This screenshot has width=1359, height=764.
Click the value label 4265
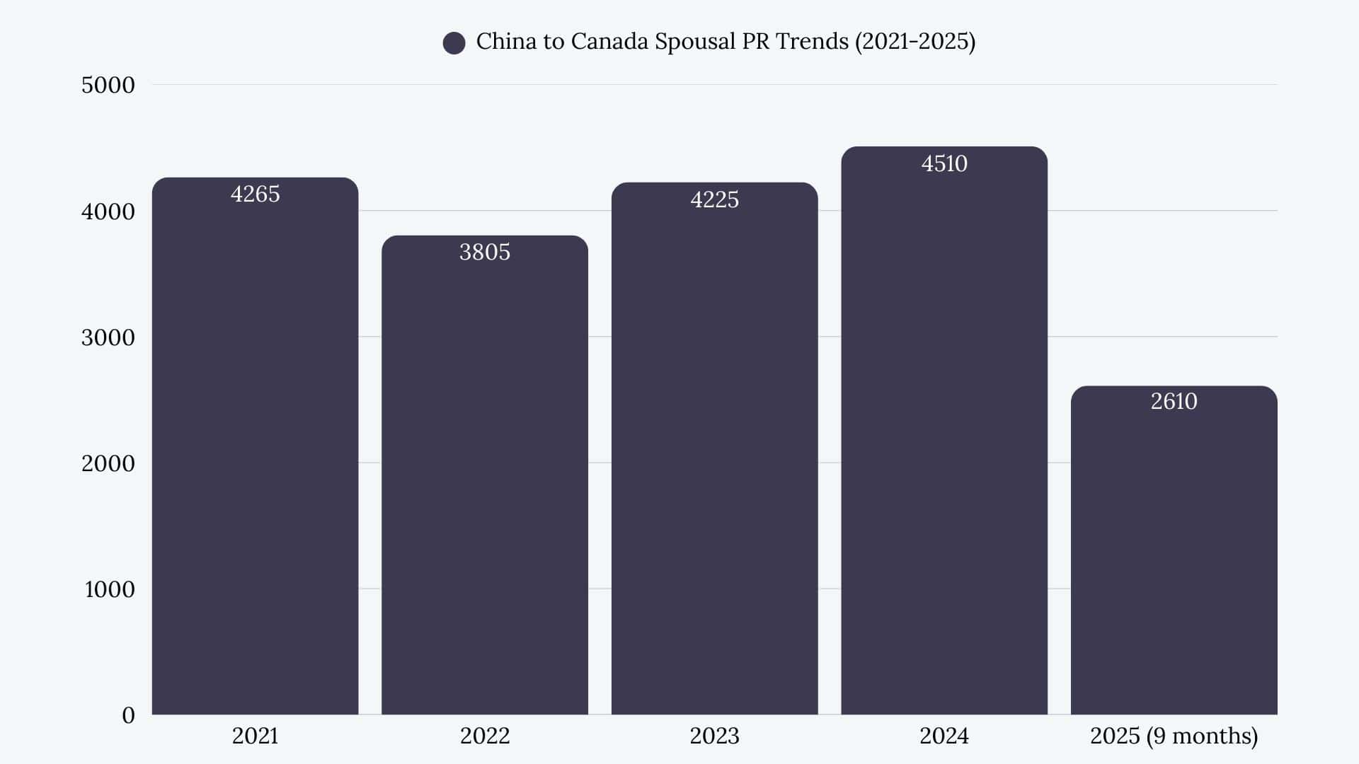point(255,194)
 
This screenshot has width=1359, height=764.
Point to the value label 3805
point(485,252)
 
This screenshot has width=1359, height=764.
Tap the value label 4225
point(714,199)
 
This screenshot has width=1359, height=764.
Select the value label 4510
point(944,163)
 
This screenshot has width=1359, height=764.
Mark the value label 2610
point(1174,401)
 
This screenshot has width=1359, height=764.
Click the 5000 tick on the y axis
point(108,85)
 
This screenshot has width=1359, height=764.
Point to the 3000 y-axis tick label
point(108,337)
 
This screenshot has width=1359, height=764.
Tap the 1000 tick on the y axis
point(109,589)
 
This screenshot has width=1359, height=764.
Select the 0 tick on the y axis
point(128,715)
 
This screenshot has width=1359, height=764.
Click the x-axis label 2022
point(485,736)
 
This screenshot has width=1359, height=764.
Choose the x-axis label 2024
point(944,736)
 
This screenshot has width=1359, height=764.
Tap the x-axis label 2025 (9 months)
point(1174,736)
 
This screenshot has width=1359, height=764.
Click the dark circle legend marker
point(454,43)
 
